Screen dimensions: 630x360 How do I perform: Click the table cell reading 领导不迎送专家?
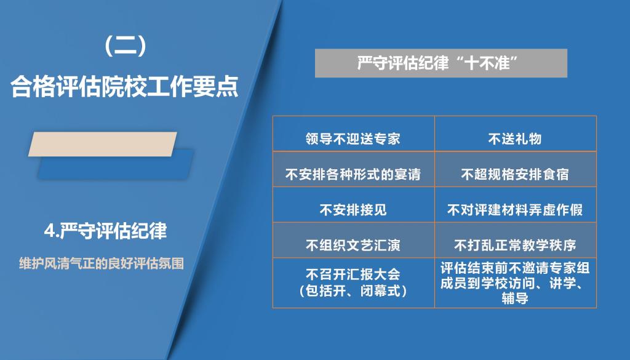pyautogui.click(x=354, y=134)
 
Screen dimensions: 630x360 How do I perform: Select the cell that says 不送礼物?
pyautogui.click(x=516, y=134)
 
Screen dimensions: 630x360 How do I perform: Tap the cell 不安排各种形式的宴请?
pyautogui.click(x=354, y=169)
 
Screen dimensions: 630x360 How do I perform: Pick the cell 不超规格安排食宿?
pyautogui.click(x=516, y=169)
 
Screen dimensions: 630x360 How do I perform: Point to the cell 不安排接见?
pyautogui.click(x=354, y=204)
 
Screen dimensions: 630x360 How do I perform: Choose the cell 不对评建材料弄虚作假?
pyautogui.click(x=516, y=204)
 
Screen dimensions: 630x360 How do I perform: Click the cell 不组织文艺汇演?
pyautogui.click(x=354, y=240)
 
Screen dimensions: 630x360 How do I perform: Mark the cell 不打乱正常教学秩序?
pyautogui.click(x=516, y=240)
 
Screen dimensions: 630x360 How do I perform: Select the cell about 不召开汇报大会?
pyautogui.click(x=354, y=283)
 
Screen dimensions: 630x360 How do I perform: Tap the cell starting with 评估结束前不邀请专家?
pyautogui.click(x=516, y=283)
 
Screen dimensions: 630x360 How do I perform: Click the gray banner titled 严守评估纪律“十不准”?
pyautogui.click(x=441, y=63)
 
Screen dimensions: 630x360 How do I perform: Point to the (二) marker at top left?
pyautogui.click(x=125, y=46)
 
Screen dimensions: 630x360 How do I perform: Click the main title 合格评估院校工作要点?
pyautogui.click(x=125, y=86)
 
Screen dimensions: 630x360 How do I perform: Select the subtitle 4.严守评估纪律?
pyautogui.click(x=105, y=231)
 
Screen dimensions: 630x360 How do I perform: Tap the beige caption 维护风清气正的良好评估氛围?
pyautogui.click(x=102, y=263)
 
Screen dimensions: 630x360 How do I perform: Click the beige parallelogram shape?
pyautogui.click(x=103, y=144)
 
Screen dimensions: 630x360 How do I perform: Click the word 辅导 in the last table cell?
pyautogui.click(x=515, y=298)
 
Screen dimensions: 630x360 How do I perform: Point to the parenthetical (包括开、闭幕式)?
pyautogui.click(x=353, y=290)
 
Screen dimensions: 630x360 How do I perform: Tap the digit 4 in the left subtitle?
pyautogui.click(x=49, y=231)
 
